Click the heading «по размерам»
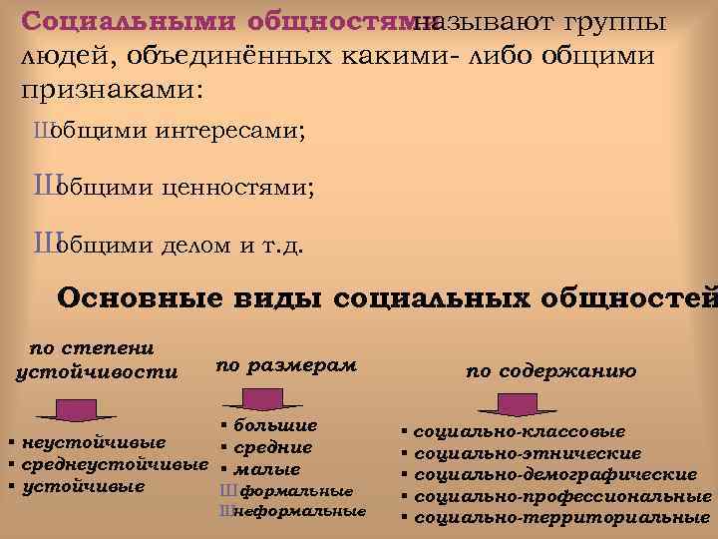coord(286,365)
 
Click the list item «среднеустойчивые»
coord(114,464)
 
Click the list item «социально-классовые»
coord(519,431)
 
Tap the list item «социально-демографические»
coord(554,473)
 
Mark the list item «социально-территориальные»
coord(560,517)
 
